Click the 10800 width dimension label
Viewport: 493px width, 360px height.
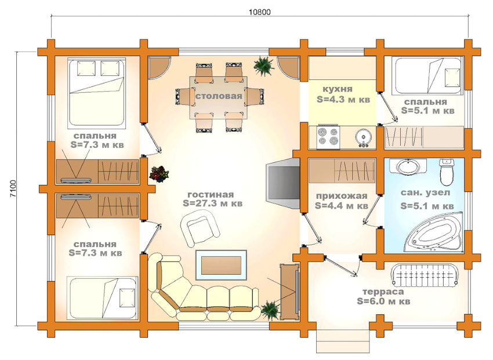pyautogui.click(x=260, y=12)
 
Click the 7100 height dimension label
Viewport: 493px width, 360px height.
pyautogui.click(x=12, y=188)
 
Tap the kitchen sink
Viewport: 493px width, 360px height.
pyautogui.click(x=364, y=137)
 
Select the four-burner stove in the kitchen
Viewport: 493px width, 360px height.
pyautogui.click(x=328, y=137)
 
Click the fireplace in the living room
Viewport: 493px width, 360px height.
pyautogui.click(x=281, y=183)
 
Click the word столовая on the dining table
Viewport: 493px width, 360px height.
pyautogui.click(x=218, y=96)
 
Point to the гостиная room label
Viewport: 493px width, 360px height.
pyautogui.click(x=211, y=194)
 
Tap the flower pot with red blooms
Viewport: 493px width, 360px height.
pyautogui.click(x=158, y=173)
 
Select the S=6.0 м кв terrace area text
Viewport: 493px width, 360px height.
pyautogui.click(x=383, y=302)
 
